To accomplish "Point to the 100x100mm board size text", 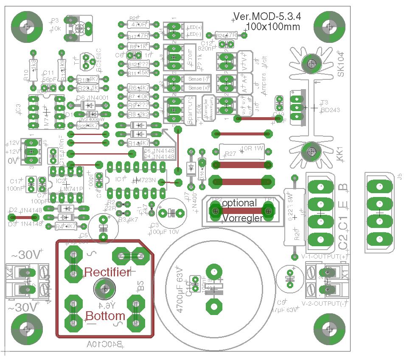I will (x=272, y=26).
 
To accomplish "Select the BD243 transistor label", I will (x=331, y=110).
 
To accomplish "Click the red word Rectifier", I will (x=107, y=272).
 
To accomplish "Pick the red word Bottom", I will (x=106, y=316).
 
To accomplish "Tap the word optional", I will (x=239, y=203).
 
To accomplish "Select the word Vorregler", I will (x=242, y=218).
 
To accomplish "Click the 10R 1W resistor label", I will (x=252, y=149).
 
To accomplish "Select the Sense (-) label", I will (x=199, y=79).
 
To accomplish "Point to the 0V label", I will (x=14, y=161).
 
